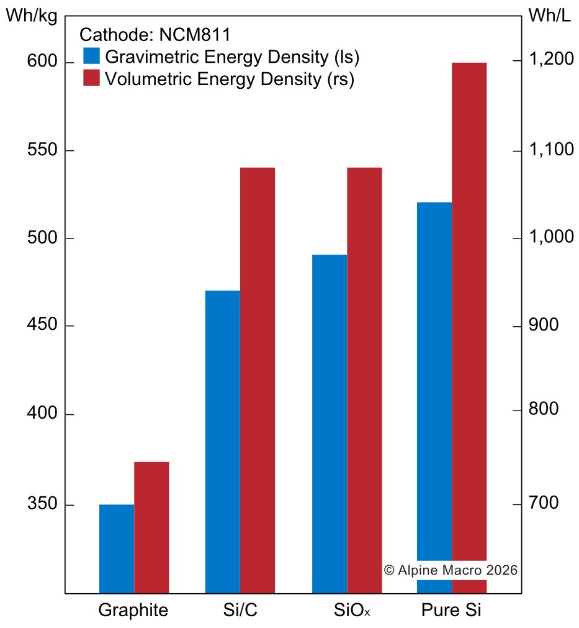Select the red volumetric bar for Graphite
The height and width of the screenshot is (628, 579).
click(x=152, y=527)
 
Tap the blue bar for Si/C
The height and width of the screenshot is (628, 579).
click(x=223, y=442)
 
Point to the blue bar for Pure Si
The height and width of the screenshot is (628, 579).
click(x=434, y=385)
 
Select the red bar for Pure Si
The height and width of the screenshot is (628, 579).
click(x=469, y=311)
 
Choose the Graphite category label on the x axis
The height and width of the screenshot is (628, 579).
click(x=133, y=610)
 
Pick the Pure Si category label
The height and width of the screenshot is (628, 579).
click(x=451, y=610)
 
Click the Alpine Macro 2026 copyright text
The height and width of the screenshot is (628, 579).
click(x=451, y=570)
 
